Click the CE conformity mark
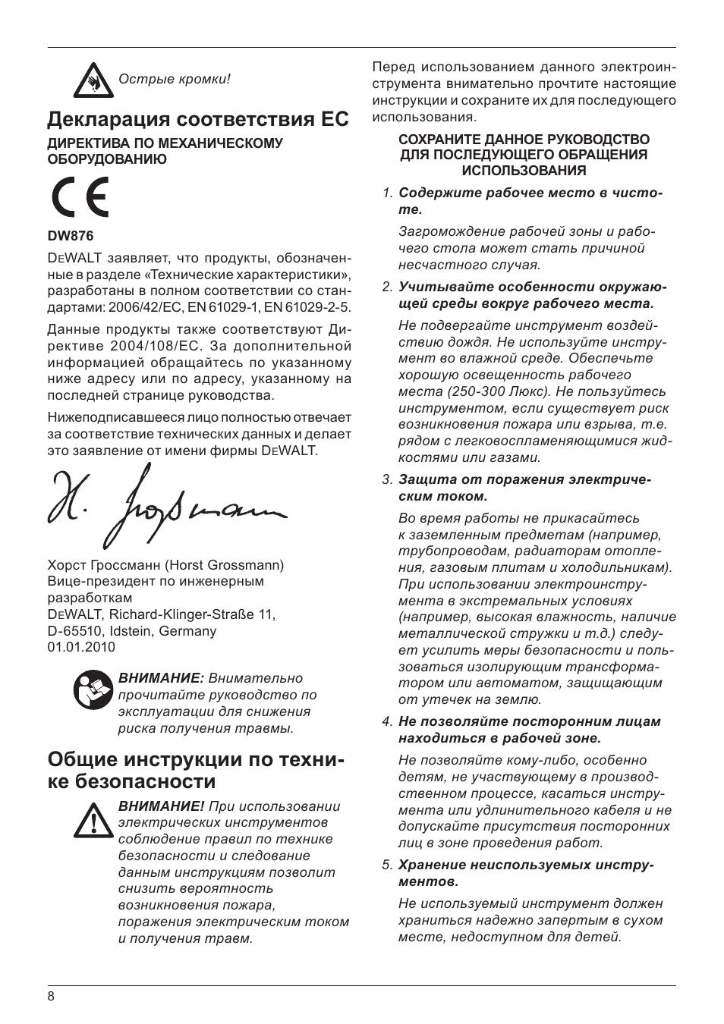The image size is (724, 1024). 80,197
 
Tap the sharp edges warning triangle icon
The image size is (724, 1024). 93,79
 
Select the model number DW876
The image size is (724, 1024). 65,236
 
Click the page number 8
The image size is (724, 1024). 51,997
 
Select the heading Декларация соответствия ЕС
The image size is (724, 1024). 198,119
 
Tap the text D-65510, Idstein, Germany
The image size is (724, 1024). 132,630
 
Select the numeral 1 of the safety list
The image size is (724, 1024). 386,193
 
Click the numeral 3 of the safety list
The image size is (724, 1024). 386,479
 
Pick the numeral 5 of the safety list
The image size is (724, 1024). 386,865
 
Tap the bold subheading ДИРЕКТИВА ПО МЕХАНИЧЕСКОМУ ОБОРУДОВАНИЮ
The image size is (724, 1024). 165,151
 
